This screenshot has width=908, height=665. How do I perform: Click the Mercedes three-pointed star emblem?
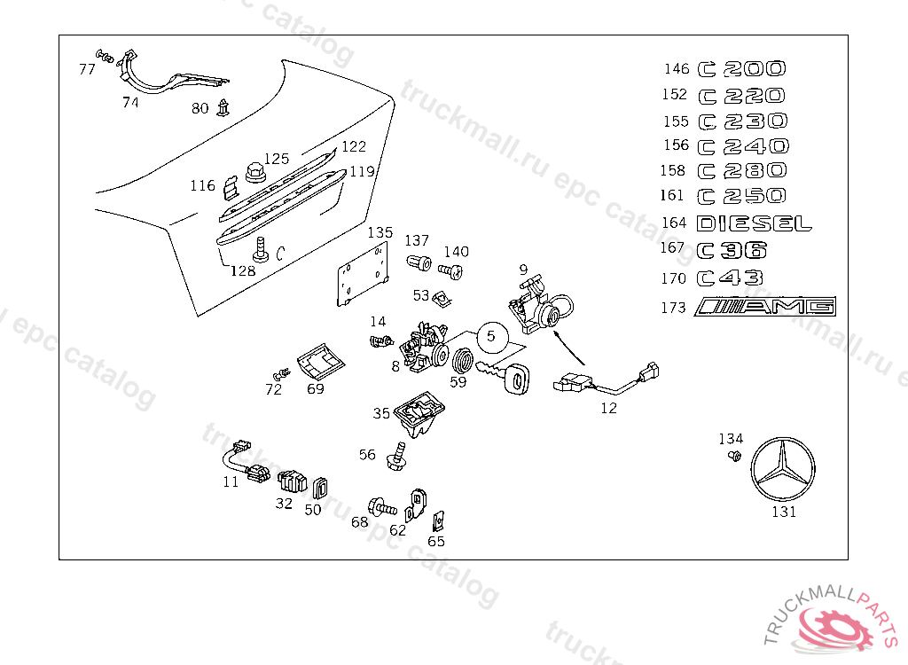783,470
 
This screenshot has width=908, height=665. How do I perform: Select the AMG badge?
765,307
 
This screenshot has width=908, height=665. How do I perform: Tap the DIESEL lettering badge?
754,223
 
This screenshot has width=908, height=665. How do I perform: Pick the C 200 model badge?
742,69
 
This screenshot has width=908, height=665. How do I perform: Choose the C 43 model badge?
731,278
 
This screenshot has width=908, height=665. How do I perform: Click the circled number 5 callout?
491,337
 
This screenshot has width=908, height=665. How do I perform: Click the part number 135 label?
380,232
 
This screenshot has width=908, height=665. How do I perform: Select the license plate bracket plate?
363,274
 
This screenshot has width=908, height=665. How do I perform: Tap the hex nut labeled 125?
254,172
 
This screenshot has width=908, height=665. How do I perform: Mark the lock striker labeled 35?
419,415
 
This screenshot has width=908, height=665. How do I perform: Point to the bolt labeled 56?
396,457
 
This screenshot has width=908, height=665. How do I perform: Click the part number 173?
673,308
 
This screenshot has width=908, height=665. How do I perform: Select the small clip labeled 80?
223,107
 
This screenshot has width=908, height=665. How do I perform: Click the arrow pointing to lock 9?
569,348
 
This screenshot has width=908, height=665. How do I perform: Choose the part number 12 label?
608,409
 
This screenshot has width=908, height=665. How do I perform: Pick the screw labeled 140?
450,270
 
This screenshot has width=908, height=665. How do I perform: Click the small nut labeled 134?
734,456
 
